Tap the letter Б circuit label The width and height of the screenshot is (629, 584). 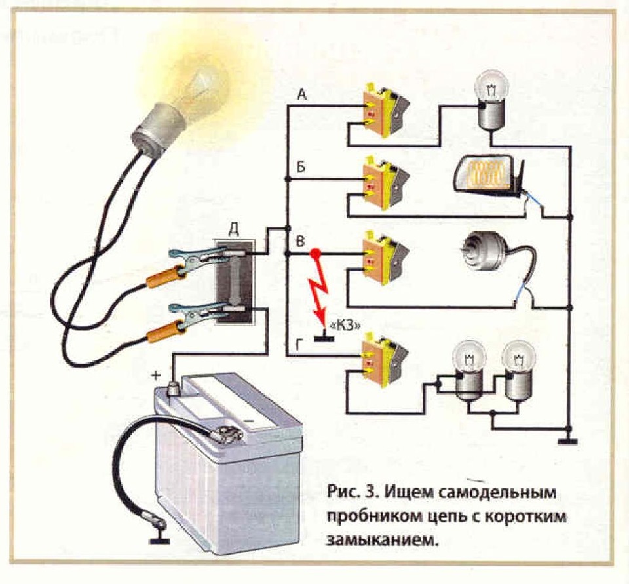click(301, 166)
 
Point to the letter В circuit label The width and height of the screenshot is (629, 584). click(301, 241)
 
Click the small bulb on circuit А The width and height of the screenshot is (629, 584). click(491, 105)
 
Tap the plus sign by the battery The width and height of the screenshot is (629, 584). click(157, 375)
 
